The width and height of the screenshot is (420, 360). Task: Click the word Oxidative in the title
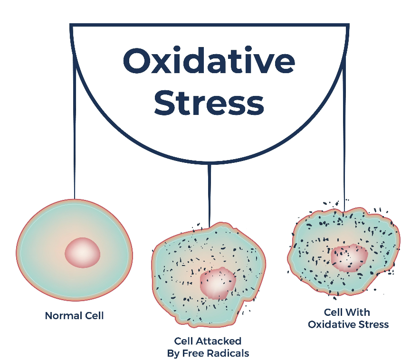pyautogui.click(x=209, y=61)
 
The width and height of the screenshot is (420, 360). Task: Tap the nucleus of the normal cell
pyautogui.click(x=83, y=252)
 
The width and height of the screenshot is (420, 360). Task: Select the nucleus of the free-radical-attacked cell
pyautogui.click(x=217, y=283)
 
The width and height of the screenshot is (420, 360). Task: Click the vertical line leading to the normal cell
pyautogui.click(x=75, y=142)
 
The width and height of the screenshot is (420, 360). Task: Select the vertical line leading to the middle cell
pyautogui.click(x=209, y=195)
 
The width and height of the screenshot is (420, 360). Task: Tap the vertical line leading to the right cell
pyautogui.click(x=344, y=142)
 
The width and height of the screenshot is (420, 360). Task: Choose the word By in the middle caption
pyautogui.click(x=172, y=353)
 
